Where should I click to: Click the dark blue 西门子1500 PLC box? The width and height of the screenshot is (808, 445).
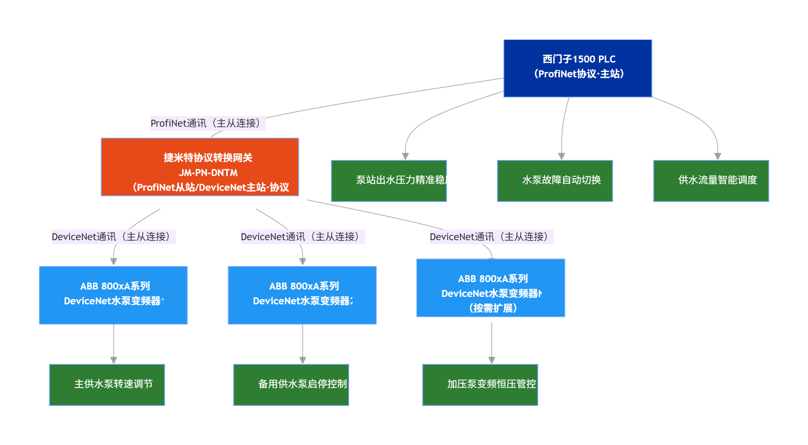tap(577, 68)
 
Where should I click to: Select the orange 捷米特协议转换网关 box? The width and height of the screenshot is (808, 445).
tap(200, 167)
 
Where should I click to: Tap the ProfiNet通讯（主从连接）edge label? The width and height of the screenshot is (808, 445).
tap(208, 123)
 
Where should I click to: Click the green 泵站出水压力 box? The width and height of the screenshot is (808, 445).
tap(389, 181)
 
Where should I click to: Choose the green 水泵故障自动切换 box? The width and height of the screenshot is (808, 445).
tap(555, 181)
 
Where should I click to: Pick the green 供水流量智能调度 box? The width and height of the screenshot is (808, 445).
tap(711, 181)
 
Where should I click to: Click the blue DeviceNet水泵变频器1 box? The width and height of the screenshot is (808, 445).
tap(113, 295)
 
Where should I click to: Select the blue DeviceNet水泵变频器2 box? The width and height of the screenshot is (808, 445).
tap(302, 295)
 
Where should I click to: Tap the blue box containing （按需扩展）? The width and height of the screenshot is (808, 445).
tap(491, 288)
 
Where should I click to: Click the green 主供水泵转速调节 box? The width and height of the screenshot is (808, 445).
tap(107, 385)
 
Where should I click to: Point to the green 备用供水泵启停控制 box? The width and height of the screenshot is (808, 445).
tap(291, 385)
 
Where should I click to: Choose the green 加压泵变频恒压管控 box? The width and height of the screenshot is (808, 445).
tap(480, 385)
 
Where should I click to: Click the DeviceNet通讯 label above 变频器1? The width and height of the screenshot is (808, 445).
tap(113, 237)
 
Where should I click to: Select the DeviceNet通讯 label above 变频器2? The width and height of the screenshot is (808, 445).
tap(302, 237)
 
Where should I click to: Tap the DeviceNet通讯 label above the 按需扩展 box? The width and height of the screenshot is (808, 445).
tap(492, 237)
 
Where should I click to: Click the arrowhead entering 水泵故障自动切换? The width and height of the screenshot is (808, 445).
tap(561, 156)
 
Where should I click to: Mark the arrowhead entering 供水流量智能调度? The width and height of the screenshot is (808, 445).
tap(718, 156)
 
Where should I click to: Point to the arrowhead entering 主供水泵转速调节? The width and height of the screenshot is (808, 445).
tap(113, 360)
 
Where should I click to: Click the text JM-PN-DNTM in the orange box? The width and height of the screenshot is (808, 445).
tap(208, 173)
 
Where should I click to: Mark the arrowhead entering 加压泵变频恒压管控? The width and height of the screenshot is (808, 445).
tap(492, 360)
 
